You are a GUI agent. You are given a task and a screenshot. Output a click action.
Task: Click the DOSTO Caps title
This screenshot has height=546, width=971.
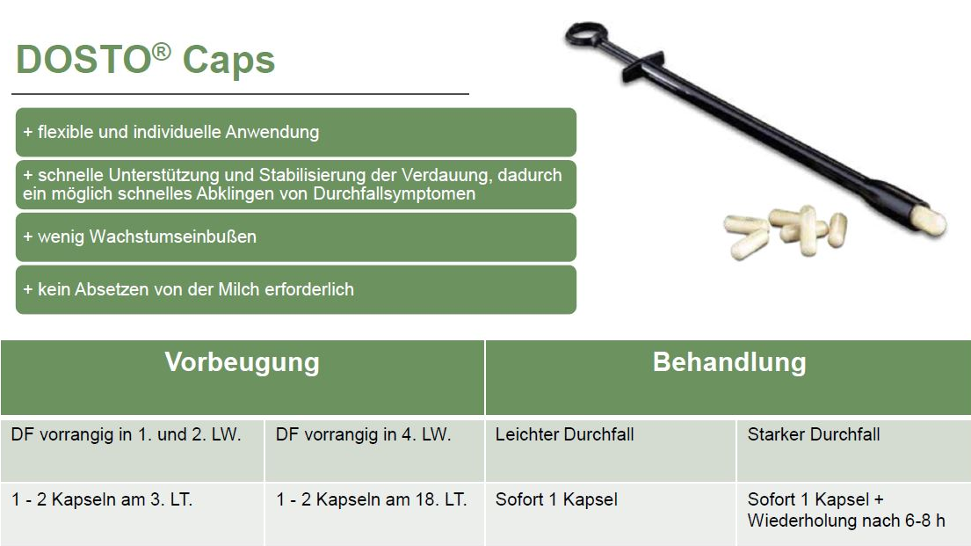(146, 60)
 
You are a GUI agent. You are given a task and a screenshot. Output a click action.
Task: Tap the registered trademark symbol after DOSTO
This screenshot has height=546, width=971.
(161, 51)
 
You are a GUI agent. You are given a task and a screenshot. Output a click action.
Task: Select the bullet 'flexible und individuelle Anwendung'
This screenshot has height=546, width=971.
(296, 132)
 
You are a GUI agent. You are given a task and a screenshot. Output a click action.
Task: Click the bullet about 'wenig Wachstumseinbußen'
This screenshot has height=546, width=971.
(296, 237)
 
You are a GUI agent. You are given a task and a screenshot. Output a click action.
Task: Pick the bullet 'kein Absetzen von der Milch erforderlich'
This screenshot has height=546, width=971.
(296, 289)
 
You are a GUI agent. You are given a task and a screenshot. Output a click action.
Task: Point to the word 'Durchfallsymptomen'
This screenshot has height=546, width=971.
(395, 194)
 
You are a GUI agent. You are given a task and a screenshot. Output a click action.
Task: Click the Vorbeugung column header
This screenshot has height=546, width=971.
(243, 377)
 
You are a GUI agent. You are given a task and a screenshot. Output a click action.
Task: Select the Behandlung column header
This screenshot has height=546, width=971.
(728, 377)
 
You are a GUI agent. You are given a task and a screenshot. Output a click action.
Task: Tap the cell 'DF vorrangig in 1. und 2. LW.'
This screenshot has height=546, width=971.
(132, 450)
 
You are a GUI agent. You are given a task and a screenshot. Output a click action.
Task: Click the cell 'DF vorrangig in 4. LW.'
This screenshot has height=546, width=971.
(374, 450)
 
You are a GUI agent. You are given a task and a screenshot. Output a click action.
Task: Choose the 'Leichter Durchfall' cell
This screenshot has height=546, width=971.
(611, 450)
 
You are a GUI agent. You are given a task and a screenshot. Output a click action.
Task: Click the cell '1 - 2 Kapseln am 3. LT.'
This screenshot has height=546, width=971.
(132, 514)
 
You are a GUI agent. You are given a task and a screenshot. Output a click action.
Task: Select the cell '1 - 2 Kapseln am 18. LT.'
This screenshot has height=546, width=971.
(374, 514)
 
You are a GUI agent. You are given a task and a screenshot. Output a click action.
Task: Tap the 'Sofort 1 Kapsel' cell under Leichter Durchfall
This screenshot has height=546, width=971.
(611, 514)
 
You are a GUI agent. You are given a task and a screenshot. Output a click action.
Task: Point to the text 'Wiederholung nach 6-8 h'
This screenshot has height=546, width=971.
(846, 521)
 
